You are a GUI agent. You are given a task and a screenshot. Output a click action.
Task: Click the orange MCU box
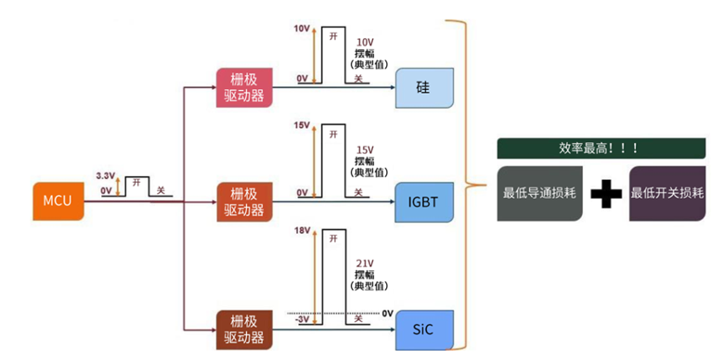pyautogui.click(x=58, y=201)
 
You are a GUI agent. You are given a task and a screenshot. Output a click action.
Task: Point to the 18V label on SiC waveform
pyautogui.click(x=301, y=230)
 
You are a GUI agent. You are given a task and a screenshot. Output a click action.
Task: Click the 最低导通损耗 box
pyautogui.click(x=540, y=194)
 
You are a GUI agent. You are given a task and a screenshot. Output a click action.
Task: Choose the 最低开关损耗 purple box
pyautogui.click(x=666, y=194)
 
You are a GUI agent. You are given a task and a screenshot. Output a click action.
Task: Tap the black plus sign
pyautogui.click(x=605, y=194)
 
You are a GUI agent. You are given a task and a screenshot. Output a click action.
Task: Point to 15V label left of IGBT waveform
pyautogui.click(x=301, y=125)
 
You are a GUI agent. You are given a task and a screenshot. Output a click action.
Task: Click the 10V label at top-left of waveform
pyautogui.click(x=301, y=28)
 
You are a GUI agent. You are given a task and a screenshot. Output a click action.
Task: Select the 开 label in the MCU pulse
pyautogui.click(x=137, y=184)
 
